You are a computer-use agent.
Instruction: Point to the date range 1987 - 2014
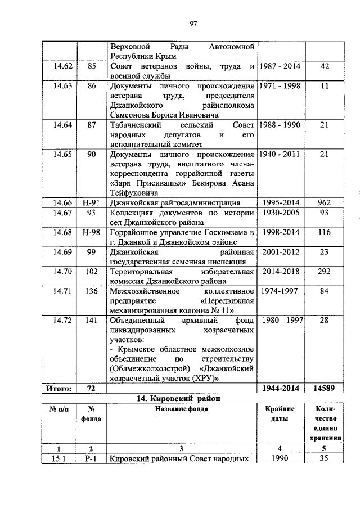tap(280, 67)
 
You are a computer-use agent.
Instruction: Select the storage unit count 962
tap(323, 202)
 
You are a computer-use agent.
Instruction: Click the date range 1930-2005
tap(280, 213)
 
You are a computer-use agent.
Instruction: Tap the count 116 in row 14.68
tap(323, 232)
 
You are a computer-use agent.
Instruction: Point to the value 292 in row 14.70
tap(323, 272)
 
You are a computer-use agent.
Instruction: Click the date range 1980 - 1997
tap(280, 321)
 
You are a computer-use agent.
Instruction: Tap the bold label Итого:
tap(59, 388)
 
